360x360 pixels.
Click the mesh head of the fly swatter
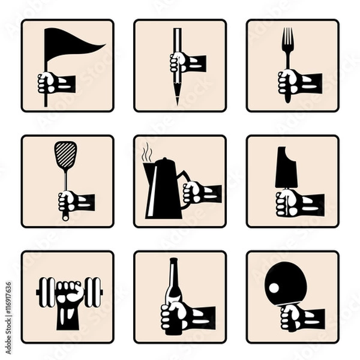click(65, 154)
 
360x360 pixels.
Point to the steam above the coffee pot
click(146, 152)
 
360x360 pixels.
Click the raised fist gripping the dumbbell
click(68, 295)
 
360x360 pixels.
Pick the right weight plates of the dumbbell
click(92, 292)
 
